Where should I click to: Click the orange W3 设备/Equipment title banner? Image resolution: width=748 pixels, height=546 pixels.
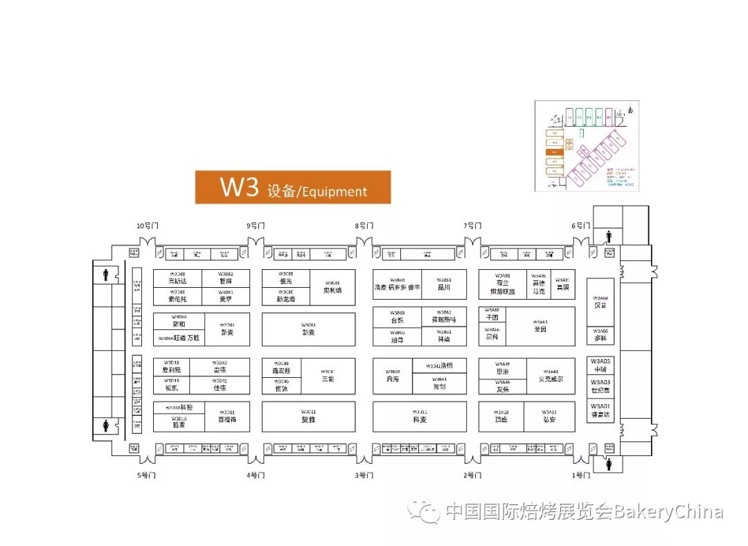[x=292, y=187]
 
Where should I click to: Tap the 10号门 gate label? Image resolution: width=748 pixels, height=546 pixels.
[x=147, y=226]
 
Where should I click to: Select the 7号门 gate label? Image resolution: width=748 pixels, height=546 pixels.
[x=472, y=226]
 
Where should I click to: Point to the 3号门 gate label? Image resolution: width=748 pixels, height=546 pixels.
[x=364, y=475]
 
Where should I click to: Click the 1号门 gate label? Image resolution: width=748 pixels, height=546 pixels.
[x=581, y=475]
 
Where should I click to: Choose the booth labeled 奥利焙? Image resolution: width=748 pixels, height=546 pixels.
[x=332, y=287]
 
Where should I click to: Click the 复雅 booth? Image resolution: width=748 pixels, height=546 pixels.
[x=308, y=416]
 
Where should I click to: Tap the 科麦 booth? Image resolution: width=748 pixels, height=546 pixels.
[x=420, y=416]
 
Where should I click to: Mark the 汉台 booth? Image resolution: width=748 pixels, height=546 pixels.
[x=600, y=301]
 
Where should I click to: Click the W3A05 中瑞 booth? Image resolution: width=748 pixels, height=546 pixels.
[x=600, y=365]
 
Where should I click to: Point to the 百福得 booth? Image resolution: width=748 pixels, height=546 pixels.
[x=227, y=416]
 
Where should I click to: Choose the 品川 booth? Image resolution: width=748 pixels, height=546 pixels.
[x=444, y=284]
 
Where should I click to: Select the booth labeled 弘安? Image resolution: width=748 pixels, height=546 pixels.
[x=549, y=416]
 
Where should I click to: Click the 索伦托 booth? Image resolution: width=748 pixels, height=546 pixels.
[x=177, y=296]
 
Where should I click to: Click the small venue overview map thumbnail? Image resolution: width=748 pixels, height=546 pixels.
[x=586, y=145]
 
